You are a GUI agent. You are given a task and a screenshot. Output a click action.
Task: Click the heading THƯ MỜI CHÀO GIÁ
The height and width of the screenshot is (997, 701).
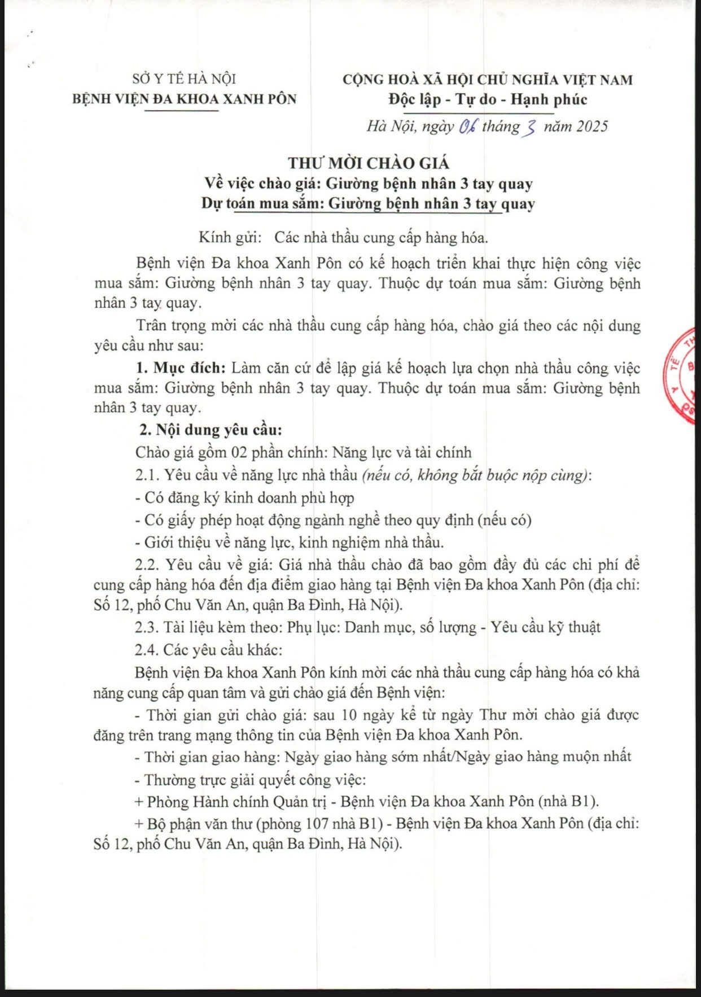369,163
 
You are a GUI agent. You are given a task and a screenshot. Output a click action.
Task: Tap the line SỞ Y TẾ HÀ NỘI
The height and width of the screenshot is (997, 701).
184,79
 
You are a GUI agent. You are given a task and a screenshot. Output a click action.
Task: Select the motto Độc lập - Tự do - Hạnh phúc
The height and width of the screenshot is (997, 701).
488,100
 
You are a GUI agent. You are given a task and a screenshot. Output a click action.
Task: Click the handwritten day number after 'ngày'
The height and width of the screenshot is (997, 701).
468,126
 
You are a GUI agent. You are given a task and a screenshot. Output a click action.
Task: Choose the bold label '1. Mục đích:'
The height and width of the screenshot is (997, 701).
181,368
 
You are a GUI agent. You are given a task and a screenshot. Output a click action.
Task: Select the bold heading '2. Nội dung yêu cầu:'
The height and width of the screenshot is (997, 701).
211,430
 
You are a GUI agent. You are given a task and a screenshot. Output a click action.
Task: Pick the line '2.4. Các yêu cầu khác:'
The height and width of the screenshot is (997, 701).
208,650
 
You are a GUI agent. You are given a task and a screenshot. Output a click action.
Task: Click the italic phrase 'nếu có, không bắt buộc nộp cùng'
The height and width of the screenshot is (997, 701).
476,475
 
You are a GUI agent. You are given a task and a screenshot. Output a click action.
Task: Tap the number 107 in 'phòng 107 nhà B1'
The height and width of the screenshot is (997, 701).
321,824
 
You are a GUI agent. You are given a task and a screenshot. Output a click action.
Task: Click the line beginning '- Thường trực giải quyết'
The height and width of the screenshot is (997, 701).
251,780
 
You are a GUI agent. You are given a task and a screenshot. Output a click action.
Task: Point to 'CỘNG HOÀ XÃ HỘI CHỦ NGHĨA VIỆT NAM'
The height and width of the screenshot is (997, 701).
488,80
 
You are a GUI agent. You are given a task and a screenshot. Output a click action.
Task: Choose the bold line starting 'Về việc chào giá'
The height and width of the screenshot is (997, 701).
369,183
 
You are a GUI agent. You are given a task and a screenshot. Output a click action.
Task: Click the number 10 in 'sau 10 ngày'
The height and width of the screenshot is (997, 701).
349,715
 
